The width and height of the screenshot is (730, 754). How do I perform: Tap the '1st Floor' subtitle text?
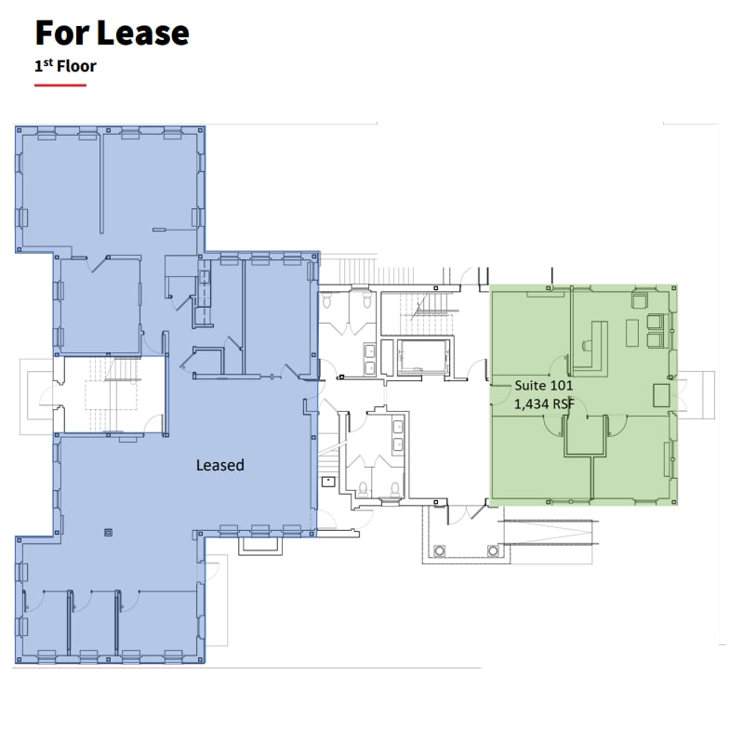tap(65, 66)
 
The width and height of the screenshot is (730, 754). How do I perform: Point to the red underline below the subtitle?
tap(60, 86)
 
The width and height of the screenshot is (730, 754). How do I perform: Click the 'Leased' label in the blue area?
tap(219, 464)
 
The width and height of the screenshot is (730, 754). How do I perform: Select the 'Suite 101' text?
tap(544, 385)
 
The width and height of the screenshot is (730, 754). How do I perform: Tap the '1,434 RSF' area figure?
tap(544, 403)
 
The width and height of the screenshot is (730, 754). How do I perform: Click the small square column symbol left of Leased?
tap(109, 533)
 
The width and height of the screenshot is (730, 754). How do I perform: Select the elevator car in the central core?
tap(423, 356)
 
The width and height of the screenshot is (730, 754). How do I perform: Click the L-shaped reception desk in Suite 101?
tap(591, 339)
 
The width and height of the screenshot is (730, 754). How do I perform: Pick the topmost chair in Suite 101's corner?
tap(640, 300)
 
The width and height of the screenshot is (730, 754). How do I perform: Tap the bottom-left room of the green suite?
tap(539, 460)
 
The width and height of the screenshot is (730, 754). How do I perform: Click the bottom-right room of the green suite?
tap(632, 460)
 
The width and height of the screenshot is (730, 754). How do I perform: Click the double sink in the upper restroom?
tap(370, 357)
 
